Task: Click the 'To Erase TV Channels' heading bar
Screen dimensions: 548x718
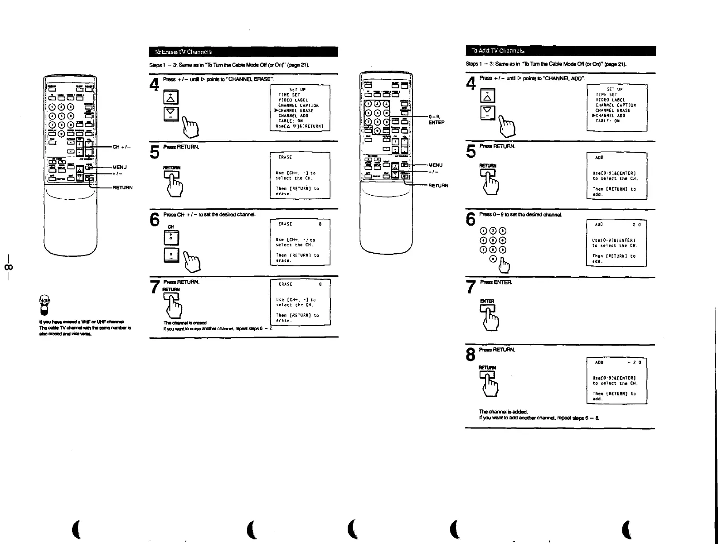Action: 243,52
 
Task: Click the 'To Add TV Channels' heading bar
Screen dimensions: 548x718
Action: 560,51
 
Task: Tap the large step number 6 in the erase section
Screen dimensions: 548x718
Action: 155,220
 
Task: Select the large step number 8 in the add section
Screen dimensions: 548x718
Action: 471,355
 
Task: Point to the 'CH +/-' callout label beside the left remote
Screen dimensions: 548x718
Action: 122,147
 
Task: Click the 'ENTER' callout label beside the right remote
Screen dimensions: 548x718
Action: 436,122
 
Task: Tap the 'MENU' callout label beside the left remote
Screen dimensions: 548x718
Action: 120,167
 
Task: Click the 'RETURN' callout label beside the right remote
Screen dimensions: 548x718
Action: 438,185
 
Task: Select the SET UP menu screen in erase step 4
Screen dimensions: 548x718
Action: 300,108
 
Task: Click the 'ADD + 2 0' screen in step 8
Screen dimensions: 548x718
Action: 616,380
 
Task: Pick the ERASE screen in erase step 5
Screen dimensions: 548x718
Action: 300,175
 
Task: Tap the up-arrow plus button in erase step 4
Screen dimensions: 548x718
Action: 170,97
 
